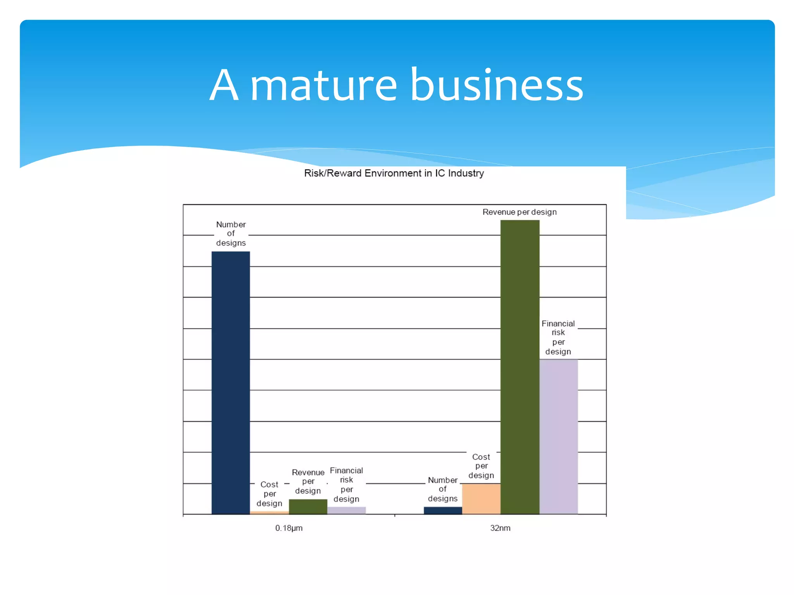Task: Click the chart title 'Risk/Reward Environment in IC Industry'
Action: pyautogui.click(x=394, y=173)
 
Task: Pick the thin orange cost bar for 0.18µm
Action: pyautogui.click(x=269, y=512)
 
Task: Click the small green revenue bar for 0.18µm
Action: pyautogui.click(x=308, y=507)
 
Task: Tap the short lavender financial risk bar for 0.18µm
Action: pyautogui.click(x=347, y=510)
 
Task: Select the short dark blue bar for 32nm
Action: pyautogui.click(x=443, y=510)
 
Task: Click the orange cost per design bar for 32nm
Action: pyautogui.click(x=481, y=499)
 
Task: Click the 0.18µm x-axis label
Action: pyautogui.click(x=289, y=528)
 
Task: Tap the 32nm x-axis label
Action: pyautogui.click(x=500, y=528)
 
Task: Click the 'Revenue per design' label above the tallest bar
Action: pyautogui.click(x=520, y=212)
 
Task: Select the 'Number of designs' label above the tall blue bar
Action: pyautogui.click(x=231, y=234)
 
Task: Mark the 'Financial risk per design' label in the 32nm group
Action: pyautogui.click(x=558, y=337)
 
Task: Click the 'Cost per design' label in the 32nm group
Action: pyautogui.click(x=481, y=466)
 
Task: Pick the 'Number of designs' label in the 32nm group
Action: pyautogui.click(x=443, y=489)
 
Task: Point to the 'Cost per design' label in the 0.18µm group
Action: pyautogui.click(x=269, y=494)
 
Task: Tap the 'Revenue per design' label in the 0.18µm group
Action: pyautogui.click(x=308, y=482)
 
